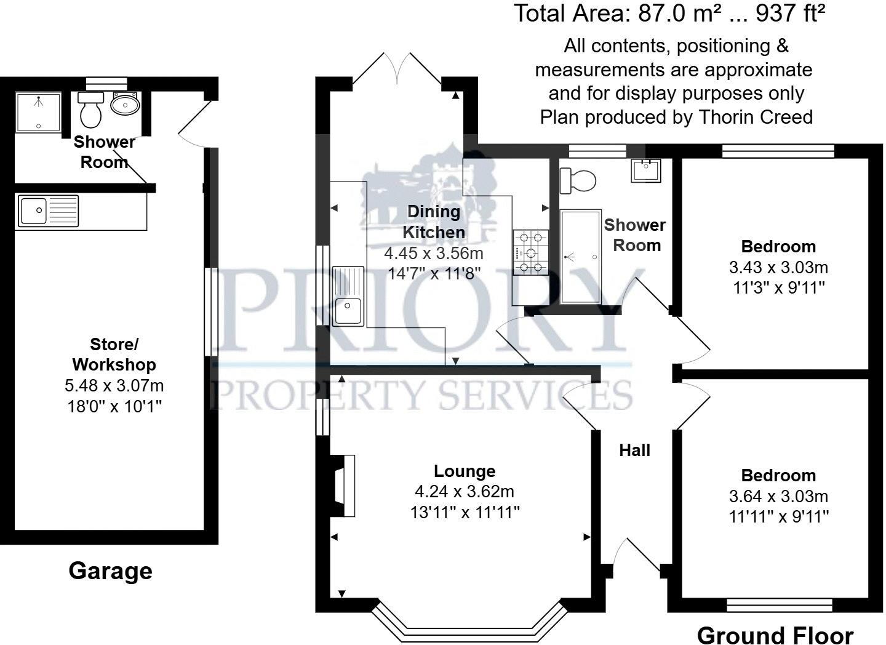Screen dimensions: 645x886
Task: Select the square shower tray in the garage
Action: tap(39, 111)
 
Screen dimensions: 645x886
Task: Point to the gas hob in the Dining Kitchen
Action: tap(530, 252)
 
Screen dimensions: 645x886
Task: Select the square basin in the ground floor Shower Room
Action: tap(646, 170)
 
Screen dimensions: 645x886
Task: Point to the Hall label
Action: tap(634, 451)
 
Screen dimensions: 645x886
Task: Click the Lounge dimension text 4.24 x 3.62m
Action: tap(465, 492)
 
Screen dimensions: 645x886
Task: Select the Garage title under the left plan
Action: tap(110, 571)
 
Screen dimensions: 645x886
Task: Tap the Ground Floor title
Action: tap(775, 635)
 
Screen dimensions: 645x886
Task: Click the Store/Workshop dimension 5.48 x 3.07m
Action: tap(114, 386)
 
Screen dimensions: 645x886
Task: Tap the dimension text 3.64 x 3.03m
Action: tap(778, 496)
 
